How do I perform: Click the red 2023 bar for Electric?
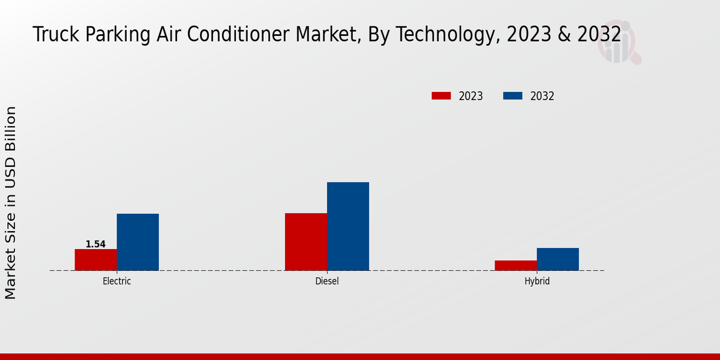95,260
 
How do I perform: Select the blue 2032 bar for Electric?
137,242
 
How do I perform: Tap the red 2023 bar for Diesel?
305,242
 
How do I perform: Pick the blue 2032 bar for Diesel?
347,226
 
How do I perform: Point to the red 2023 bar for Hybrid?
515,265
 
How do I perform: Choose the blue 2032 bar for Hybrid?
557,259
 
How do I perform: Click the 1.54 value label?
95,244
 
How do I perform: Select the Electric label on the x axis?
116,281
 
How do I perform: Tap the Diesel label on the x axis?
326,281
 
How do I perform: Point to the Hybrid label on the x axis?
536,281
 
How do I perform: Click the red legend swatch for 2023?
441,96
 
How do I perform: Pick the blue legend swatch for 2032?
512,96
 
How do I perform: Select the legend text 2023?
470,96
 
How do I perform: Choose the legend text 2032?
542,96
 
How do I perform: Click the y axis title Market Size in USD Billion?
11,203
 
